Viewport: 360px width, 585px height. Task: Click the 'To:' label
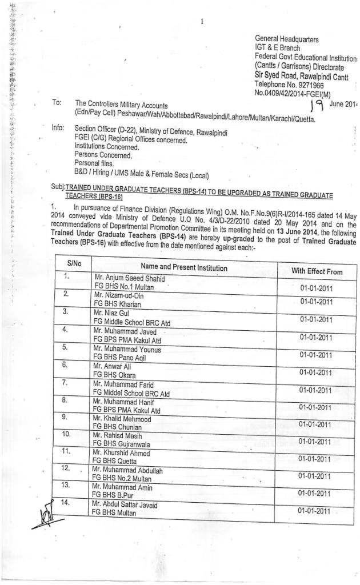tap(57, 103)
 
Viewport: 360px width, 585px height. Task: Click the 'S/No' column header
tap(74, 264)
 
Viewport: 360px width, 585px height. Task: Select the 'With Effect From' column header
tap(317, 271)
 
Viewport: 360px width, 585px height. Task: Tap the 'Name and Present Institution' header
tap(184, 267)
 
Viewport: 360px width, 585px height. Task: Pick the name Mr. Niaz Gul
tap(114, 313)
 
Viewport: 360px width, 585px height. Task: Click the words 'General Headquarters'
tap(286, 39)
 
